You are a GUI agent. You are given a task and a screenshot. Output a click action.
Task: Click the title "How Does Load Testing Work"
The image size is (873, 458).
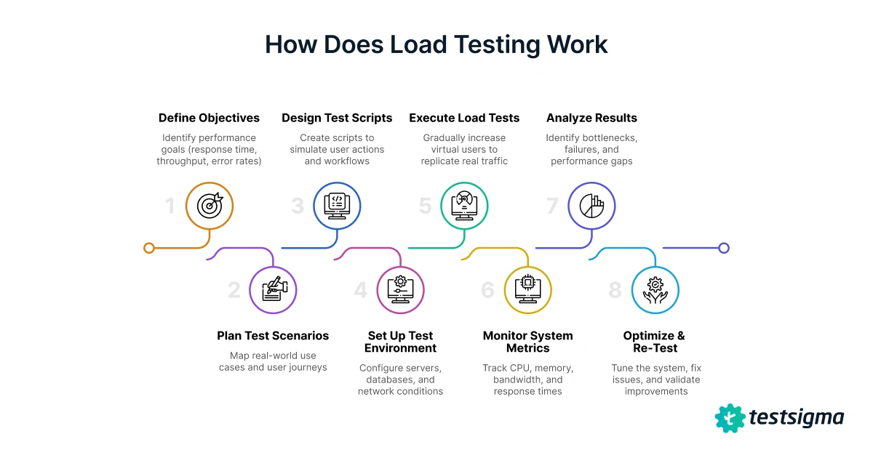(x=436, y=45)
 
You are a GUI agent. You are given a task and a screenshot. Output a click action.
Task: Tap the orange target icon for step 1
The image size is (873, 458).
(x=210, y=206)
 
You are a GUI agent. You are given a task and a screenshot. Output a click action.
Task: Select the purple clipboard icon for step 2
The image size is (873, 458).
(x=274, y=289)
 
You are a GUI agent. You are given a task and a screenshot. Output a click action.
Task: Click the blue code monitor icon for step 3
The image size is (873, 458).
(x=337, y=206)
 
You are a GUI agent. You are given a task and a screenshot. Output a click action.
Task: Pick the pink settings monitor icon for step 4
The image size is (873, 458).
(x=401, y=289)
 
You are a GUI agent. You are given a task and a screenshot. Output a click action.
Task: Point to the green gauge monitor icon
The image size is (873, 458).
(x=464, y=206)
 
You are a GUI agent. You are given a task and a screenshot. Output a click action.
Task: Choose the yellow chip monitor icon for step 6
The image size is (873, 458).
(x=528, y=289)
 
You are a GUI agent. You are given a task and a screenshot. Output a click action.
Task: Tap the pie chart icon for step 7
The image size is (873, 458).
(x=591, y=206)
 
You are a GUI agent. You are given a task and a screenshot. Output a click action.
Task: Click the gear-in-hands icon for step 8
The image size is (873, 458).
(x=655, y=289)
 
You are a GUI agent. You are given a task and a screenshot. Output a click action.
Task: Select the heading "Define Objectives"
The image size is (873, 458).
(x=209, y=118)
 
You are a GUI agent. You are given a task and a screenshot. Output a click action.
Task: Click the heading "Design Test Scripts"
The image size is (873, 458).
(x=337, y=118)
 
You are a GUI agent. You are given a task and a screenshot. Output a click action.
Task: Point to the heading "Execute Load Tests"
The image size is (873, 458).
(x=464, y=118)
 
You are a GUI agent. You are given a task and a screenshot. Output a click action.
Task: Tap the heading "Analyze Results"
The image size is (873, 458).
(x=591, y=118)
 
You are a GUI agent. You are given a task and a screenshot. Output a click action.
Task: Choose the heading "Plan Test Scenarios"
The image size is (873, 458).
(x=273, y=336)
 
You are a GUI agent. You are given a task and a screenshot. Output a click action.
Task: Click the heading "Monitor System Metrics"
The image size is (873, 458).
(x=528, y=342)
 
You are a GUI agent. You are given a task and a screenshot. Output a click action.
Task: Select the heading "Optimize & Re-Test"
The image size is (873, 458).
(x=654, y=342)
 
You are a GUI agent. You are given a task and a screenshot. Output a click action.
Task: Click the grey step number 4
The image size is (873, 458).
(x=361, y=291)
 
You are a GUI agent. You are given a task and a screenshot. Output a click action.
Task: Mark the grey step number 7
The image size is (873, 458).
(x=552, y=206)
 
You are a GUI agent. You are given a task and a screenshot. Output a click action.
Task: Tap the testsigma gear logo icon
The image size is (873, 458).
(x=730, y=418)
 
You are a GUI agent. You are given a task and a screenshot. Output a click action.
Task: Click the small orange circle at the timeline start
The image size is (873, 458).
(x=149, y=248)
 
